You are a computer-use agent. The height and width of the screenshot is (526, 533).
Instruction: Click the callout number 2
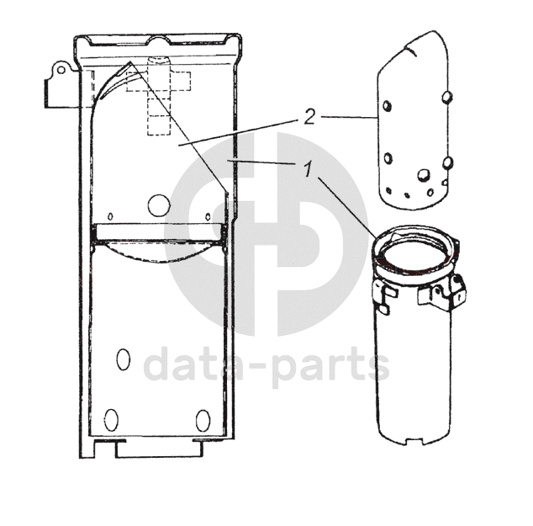309,117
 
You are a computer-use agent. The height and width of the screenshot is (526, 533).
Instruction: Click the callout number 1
308,169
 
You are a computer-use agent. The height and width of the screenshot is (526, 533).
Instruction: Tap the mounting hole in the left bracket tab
61,70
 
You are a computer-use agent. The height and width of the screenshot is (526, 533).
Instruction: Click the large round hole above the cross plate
159,205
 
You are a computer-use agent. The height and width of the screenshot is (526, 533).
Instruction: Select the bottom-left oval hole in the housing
111,420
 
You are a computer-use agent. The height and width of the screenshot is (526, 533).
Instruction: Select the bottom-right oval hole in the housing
203,421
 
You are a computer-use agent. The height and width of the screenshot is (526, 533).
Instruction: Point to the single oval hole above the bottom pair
123,359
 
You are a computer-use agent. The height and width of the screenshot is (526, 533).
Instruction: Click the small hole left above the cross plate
110,216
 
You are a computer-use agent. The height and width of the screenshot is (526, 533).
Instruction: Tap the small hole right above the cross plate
208,216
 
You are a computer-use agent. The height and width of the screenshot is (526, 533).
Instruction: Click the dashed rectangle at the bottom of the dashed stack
159,125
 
